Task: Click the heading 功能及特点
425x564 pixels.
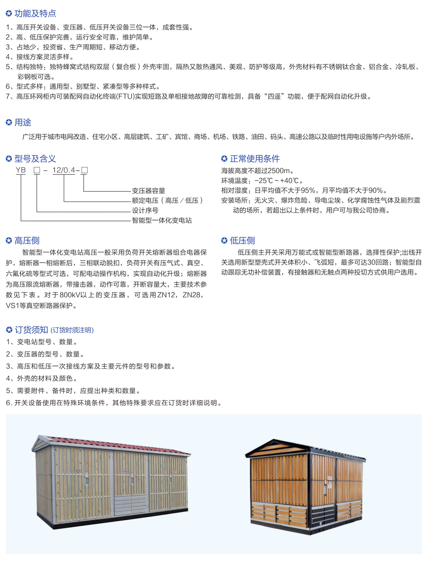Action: point(35,14)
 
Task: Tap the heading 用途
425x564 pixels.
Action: point(23,123)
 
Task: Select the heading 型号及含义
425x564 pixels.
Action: point(35,159)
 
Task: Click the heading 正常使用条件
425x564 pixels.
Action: point(255,159)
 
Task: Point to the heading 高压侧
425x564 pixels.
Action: point(27,241)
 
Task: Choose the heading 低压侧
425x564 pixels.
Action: point(242,241)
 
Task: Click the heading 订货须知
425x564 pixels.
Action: point(31,330)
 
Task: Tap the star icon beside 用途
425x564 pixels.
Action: point(9,123)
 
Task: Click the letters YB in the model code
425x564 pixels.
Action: point(21,170)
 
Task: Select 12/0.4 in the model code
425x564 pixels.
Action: point(64,170)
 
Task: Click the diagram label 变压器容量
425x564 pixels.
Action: point(148,191)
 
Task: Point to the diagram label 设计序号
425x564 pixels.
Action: point(145,210)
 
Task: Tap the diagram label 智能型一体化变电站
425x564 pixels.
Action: point(161,220)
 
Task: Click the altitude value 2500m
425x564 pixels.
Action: point(280,171)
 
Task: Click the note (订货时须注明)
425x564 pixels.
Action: point(72,330)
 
